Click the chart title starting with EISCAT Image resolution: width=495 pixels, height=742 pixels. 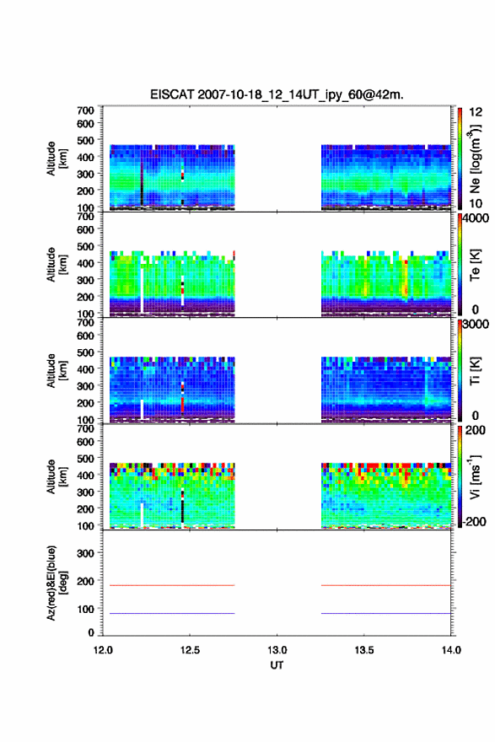(277, 94)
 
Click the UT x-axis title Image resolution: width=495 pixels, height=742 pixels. (277, 665)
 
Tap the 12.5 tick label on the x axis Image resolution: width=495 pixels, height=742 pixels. (190, 650)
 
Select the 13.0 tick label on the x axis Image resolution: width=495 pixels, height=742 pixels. (277, 650)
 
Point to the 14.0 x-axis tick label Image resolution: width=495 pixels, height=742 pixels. (451, 650)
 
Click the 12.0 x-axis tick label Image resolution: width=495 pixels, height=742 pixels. (103, 650)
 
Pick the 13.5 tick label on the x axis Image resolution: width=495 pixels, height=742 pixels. (364, 650)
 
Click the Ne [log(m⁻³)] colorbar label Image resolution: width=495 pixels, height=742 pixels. (475, 159)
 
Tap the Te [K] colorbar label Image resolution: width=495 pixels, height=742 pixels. (475, 265)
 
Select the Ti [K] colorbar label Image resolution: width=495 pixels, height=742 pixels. (475, 370)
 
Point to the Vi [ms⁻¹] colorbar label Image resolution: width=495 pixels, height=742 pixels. (475, 476)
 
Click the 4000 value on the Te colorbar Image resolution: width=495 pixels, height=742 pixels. (476, 218)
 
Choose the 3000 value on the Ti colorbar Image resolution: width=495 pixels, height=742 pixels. (476, 325)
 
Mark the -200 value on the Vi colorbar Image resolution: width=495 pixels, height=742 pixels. (473, 521)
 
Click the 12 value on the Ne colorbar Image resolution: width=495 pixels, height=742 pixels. (476, 112)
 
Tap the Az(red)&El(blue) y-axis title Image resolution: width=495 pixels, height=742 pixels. (56, 583)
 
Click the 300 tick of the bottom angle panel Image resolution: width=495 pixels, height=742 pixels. (85, 553)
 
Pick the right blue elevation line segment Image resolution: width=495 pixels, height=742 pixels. (386, 613)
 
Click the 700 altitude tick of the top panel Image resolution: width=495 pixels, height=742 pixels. (85, 110)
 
